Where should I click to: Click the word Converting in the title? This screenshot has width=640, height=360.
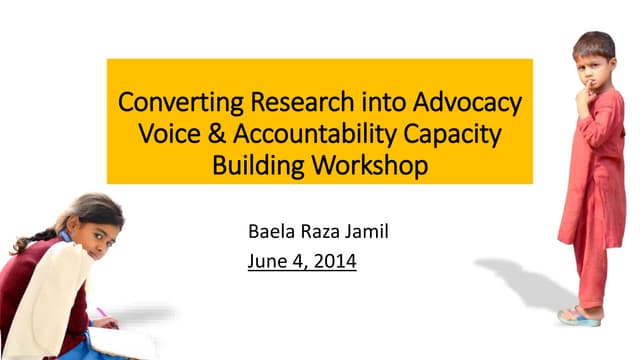[172, 103]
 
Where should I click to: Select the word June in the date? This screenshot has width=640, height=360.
[267, 264]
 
